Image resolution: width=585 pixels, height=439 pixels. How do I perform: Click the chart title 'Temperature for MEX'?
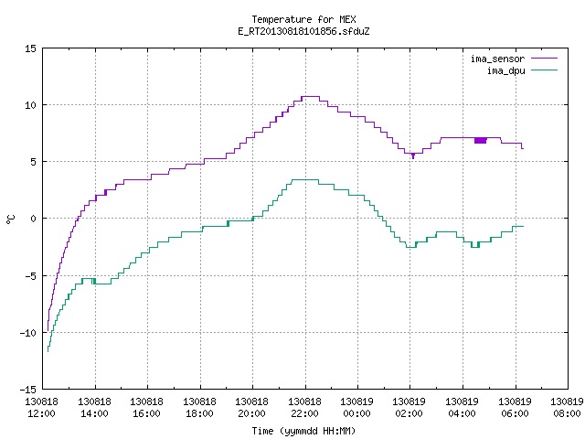pyautogui.click(x=303, y=19)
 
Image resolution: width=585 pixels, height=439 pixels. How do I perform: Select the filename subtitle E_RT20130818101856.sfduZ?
pyautogui.click(x=303, y=31)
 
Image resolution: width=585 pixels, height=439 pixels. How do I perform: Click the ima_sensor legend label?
pyautogui.click(x=497, y=59)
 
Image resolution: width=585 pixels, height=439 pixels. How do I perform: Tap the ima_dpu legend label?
pyautogui.click(x=505, y=70)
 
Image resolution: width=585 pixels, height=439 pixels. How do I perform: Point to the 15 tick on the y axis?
pyautogui.click(x=30, y=48)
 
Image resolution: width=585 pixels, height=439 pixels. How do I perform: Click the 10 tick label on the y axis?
pyautogui.click(x=30, y=105)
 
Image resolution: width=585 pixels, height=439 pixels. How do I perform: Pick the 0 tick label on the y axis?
pyautogui.click(x=34, y=219)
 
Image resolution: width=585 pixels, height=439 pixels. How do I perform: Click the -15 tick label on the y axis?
pyautogui.click(x=28, y=390)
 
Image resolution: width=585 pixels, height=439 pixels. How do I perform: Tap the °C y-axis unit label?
pyautogui.click(x=11, y=219)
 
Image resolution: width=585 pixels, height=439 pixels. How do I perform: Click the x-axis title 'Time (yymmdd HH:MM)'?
pyautogui.click(x=303, y=431)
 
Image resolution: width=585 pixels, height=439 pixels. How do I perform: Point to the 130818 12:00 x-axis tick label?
pyautogui.click(x=41, y=408)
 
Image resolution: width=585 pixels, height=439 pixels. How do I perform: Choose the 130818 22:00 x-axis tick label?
pyautogui.click(x=304, y=408)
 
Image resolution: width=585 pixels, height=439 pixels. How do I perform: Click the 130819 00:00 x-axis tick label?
pyautogui.click(x=357, y=408)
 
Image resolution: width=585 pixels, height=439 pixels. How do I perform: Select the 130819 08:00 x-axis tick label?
pyautogui.click(x=567, y=408)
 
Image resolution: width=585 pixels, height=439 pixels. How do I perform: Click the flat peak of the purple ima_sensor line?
pyautogui.click(x=311, y=97)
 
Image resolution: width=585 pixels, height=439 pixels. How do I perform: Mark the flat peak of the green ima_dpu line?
pyautogui.click(x=305, y=180)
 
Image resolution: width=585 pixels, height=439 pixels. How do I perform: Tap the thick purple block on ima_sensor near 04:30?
pyautogui.click(x=481, y=140)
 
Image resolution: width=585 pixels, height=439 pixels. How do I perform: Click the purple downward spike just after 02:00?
pyautogui.click(x=413, y=156)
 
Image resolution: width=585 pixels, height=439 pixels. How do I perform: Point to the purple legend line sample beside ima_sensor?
pyautogui.click(x=545, y=59)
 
